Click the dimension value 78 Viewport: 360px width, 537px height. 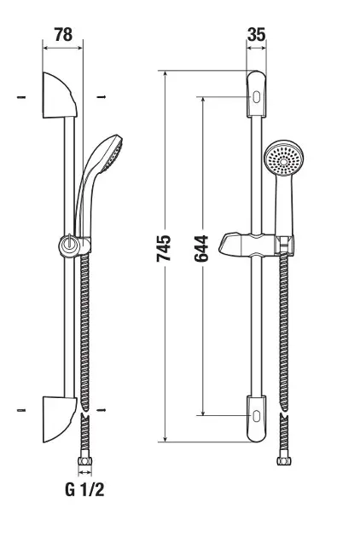tap(63, 35)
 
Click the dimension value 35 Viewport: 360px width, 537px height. tap(257, 35)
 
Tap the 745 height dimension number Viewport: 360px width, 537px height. tap(164, 249)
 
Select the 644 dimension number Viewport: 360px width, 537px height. tap(201, 249)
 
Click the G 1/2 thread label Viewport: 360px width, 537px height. tap(84, 490)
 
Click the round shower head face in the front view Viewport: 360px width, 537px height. tap(283, 159)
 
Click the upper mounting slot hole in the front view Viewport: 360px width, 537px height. tap(256, 97)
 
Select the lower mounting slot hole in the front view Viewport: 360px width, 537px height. tap(256, 416)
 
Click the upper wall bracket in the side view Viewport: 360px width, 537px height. tap(58, 96)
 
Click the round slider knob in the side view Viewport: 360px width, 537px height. tap(68, 246)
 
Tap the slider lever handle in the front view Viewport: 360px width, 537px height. tap(230, 244)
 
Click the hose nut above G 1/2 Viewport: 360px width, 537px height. tap(84, 461)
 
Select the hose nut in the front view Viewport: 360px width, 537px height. tap(284, 460)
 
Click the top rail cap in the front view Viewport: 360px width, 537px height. tap(256, 94)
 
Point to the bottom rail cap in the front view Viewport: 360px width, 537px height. tap(256, 419)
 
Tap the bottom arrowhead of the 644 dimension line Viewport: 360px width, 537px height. tap(203, 413)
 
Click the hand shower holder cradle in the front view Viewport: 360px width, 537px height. tap(285, 244)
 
